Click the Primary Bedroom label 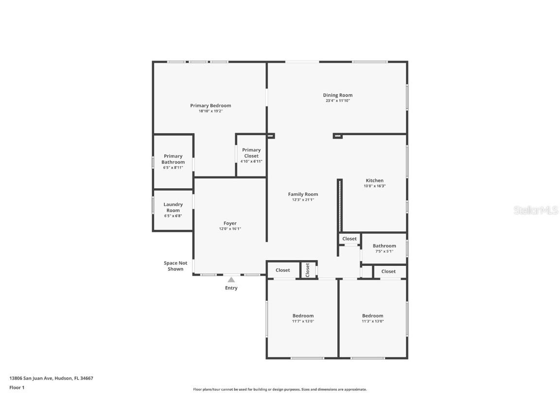(210, 105)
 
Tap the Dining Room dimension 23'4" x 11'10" (338, 101)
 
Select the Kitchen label (374, 180)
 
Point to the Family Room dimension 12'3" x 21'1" (303, 200)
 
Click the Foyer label (230, 223)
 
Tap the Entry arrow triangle (231, 280)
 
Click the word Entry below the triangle (231, 288)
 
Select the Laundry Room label (173, 208)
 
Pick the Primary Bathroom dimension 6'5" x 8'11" (173, 168)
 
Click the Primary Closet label (251, 153)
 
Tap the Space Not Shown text (175, 266)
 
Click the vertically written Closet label (308, 270)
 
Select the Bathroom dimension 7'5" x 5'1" (384, 251)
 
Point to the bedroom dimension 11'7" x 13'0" (303, 321)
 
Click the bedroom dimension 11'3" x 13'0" (373, 321)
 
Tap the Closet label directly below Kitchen (350, 239)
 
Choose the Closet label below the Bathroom (388, 271)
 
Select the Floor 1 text (17, 387)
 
